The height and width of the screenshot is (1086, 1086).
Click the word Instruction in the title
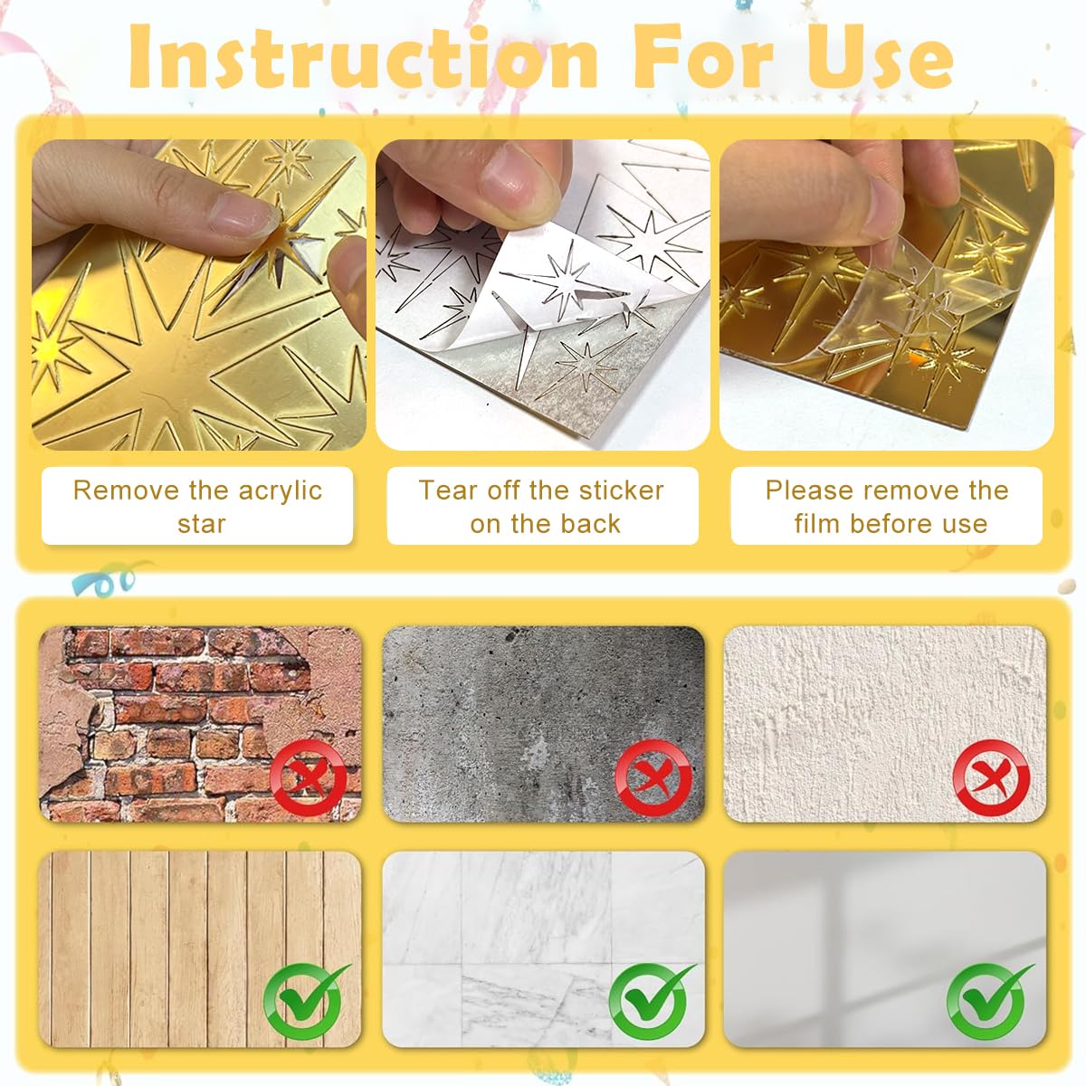pos(362,56)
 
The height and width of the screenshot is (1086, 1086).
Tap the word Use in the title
pos(880,56)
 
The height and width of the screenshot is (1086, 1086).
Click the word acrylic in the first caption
pos(280,491)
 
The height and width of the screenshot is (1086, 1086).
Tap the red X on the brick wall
pos(309,777)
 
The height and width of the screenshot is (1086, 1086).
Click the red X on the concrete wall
pos(653,777)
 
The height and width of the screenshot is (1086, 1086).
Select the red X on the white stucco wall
pos(991,777)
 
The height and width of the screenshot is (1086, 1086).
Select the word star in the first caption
pos(201,525)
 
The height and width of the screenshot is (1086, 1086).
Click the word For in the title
pos(703,56)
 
